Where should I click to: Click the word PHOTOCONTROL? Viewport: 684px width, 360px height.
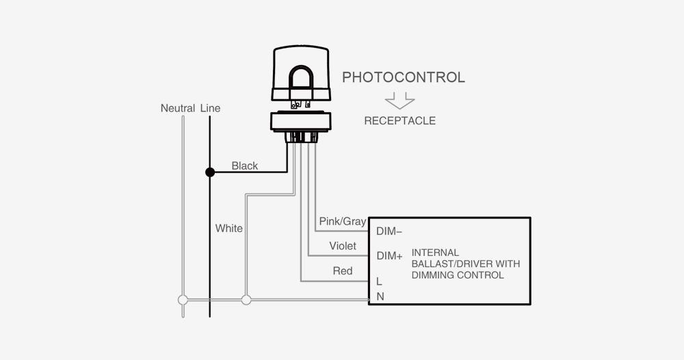pyautogui.click(x=403, y=77)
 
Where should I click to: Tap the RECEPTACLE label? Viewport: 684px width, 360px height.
pyautogui.click(x=399, y=121)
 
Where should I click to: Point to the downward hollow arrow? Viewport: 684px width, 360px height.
pyautogui.click(x=399, y=101)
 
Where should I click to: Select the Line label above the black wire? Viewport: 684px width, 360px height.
pyautogui.click(x=211, y=109)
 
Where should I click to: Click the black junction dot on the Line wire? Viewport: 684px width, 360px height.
pyautogui.click(x=210, y=172)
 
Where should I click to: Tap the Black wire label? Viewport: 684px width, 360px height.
pyautogui.click(x=245, y=166)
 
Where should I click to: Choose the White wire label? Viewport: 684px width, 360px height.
pyautogui.click(x=228, y=228)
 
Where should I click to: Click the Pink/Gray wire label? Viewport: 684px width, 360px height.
pyautogui.click(x=343, y=222)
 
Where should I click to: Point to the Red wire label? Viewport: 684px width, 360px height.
pyautogui.click(x=342, y=271)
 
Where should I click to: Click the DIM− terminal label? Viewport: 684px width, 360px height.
pyautogui.click(x=389, y=231)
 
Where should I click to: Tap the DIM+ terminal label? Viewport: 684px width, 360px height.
pyautogui.click(x=389, y=256)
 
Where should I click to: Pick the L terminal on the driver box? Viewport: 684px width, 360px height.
pyautogui.click(x=379, y=281)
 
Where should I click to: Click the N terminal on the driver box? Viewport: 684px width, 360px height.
pyautogui.click(x=380, y=296)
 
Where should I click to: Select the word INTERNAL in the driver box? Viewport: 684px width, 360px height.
pyautogui.click(x=435, y=253)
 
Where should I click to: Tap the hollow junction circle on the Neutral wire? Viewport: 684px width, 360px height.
pyautogui.click(x=183, y=300)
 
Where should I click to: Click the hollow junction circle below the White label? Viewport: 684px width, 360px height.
pyautogui.click(x=246, y=300)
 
